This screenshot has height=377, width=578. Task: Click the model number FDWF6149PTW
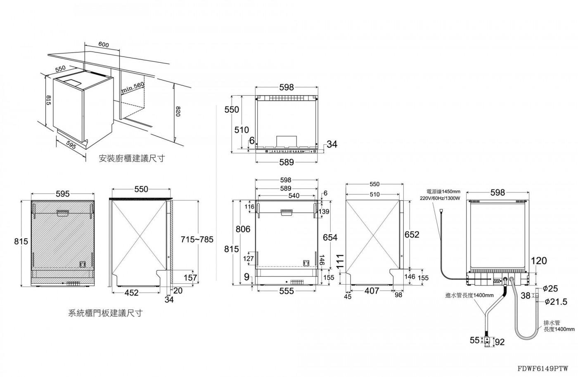542,368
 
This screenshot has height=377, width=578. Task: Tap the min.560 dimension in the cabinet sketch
133,88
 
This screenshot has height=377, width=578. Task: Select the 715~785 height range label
197,240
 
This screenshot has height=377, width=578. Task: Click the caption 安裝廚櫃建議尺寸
132,158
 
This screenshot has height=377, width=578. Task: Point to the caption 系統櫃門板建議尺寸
106,313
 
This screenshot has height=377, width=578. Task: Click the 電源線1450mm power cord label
443,192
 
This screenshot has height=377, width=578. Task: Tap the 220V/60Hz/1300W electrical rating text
440,198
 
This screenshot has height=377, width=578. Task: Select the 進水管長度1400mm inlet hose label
469,295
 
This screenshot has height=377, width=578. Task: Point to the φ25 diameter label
550,288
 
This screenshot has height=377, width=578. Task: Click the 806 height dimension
243,229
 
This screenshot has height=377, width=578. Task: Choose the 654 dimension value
330,237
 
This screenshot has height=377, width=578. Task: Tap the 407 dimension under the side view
372,291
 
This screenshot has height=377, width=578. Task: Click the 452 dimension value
132,293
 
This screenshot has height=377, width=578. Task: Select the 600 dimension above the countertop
104,45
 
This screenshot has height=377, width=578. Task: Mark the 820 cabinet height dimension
178,111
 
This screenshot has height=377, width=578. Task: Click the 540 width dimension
294,196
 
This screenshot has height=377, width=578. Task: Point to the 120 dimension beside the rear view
539,261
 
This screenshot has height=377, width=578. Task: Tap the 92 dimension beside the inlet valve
500,342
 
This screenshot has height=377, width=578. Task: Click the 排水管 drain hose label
552,323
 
